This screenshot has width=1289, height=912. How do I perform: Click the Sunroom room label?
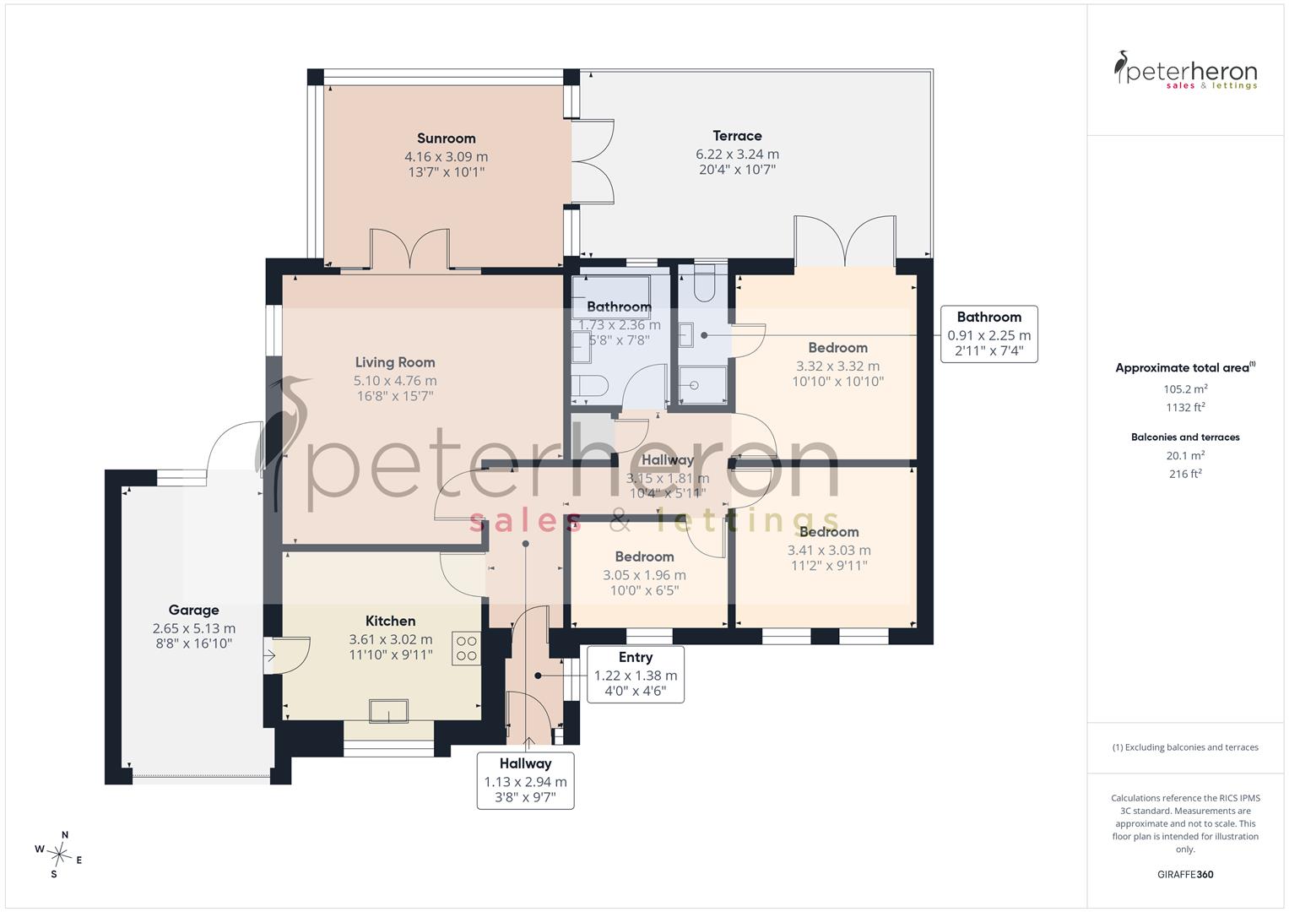point(446,138)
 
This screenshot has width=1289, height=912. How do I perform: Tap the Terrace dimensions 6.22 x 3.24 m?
point(737,155)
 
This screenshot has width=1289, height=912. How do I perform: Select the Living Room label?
point(395,362)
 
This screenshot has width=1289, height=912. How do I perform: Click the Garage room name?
point(193,610)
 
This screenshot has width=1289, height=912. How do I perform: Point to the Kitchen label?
point(390,621)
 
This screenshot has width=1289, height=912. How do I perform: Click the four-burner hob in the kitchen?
point(466,649)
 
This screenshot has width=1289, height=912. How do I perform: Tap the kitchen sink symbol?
point(388,710)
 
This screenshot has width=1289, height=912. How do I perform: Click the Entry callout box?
point(636,674)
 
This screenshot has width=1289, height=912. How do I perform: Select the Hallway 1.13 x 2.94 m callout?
point(525,781)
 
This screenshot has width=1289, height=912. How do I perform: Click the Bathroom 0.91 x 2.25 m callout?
point(989,334)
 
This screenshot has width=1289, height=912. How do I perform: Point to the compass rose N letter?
point(65,835)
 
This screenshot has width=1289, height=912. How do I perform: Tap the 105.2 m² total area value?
point(1185,388)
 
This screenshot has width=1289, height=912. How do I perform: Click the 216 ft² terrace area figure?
point(1185,474)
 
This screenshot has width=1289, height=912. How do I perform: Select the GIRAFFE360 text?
point(1185,874)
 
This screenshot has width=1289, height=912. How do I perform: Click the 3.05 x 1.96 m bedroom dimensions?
point(645,575)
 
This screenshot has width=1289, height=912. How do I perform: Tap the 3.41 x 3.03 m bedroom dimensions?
point(829,551)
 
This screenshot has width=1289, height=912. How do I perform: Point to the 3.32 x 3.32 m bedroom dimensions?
point(838,366)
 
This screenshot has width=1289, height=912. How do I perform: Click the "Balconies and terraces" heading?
point(1185,437)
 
